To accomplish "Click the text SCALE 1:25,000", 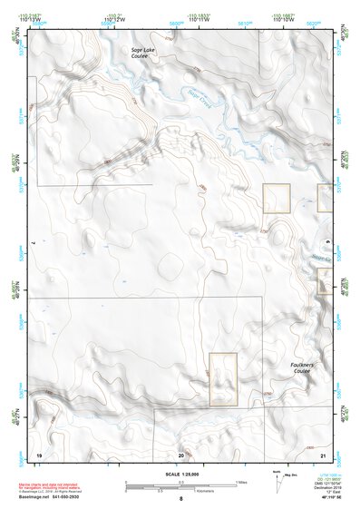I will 180,473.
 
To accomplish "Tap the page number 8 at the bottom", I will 180,499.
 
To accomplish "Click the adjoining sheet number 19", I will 39,454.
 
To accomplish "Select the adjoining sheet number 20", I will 181,454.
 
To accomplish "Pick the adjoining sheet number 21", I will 323,454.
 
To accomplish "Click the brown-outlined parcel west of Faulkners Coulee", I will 223,379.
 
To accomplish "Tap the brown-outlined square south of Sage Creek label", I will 276,198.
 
